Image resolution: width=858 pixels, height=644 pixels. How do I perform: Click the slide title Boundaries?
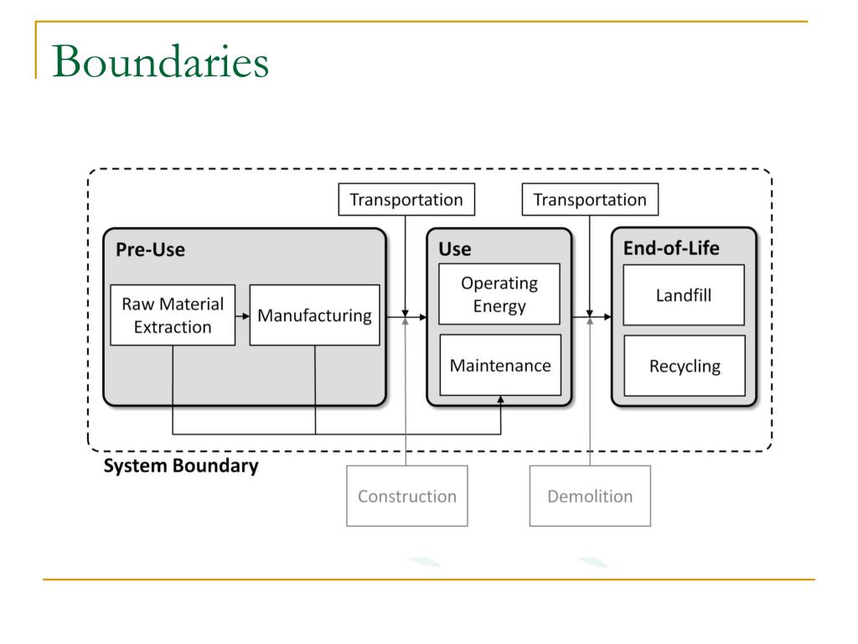point(160,62)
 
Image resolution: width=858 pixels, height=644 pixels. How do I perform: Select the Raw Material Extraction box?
point(173,314)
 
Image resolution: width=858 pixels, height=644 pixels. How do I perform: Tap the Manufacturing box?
point(314,315)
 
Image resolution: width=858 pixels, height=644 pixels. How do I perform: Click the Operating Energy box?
point(499,294)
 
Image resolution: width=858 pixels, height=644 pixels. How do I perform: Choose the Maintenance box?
point(499,366)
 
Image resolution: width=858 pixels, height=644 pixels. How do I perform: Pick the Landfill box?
point(684,295)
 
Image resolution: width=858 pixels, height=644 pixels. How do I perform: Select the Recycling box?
point(684,366)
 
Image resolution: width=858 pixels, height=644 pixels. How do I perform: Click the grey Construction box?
point(406,496)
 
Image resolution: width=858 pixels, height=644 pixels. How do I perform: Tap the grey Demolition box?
point(590,496)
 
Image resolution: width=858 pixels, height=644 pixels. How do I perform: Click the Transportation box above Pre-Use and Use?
point(406,200)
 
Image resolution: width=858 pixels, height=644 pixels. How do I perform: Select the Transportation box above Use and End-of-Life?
point(590,200)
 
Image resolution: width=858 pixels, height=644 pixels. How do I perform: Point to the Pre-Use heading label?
point(150,249)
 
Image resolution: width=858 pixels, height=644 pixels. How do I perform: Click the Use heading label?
point(455,249)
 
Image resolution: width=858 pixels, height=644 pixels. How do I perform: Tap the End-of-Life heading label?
point(671,248)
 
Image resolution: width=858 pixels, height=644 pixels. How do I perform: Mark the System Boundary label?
point(180,466)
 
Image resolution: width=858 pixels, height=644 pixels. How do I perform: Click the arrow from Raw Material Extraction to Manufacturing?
point(243,316)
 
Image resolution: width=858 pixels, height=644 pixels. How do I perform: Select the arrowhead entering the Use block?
point(422,317)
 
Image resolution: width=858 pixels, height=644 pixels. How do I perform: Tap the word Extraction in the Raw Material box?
point(173,326)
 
